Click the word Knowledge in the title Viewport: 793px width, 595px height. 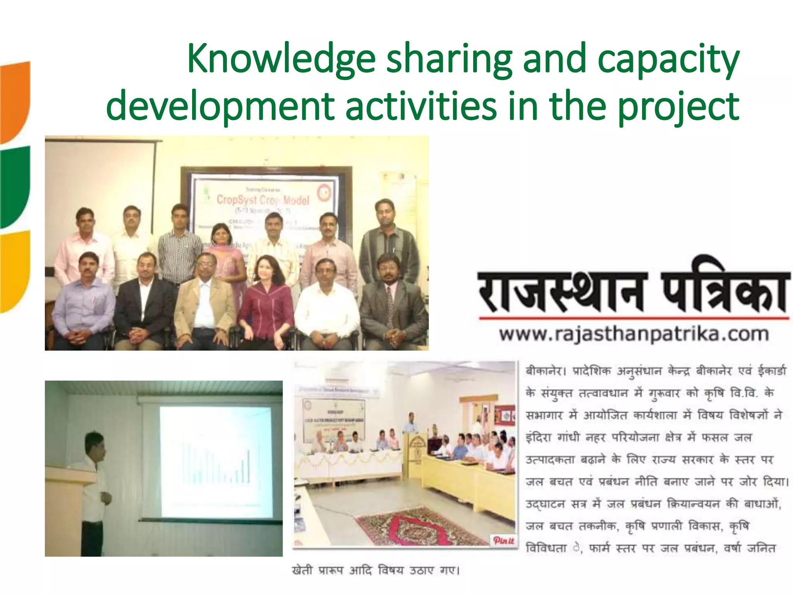pyautogui.click(x=281, y=59)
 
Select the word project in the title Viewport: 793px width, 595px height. pyautogui.click(x=678, y=107)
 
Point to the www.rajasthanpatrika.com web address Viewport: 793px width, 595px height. pyautogui.click(x=634, y=334)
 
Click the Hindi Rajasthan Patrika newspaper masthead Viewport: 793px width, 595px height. pyautogui.click(x=634, y=291)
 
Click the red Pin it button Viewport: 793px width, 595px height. pyautogui.click(x=503, y=540)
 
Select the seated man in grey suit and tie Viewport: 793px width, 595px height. pyautogui.click(x=393, y=304)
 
